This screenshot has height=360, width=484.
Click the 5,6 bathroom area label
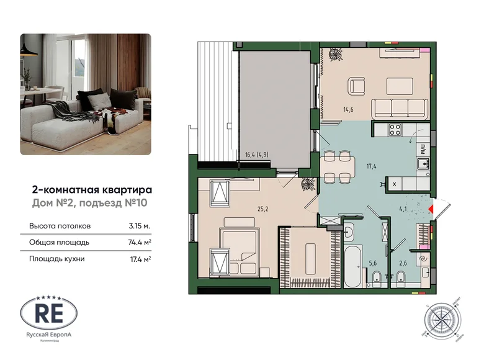373,263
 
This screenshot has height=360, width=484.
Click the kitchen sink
423,164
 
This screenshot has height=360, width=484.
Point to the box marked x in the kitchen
395,183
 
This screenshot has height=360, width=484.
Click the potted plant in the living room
337,56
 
